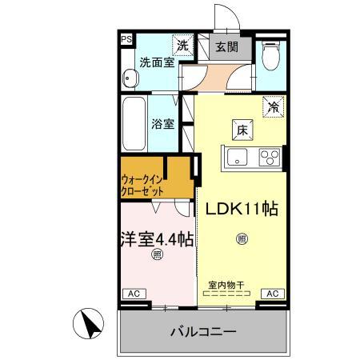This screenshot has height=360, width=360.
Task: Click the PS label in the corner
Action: [126, 38]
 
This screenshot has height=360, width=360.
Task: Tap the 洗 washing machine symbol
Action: [182, 46]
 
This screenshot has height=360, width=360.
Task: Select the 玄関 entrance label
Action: [226, 46]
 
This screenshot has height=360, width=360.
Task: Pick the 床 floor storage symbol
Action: [240, 128]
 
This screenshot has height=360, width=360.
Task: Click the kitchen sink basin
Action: [239, 157]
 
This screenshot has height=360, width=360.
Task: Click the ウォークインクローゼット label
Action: [144, 186]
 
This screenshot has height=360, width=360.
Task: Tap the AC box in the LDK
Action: [270, 294]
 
